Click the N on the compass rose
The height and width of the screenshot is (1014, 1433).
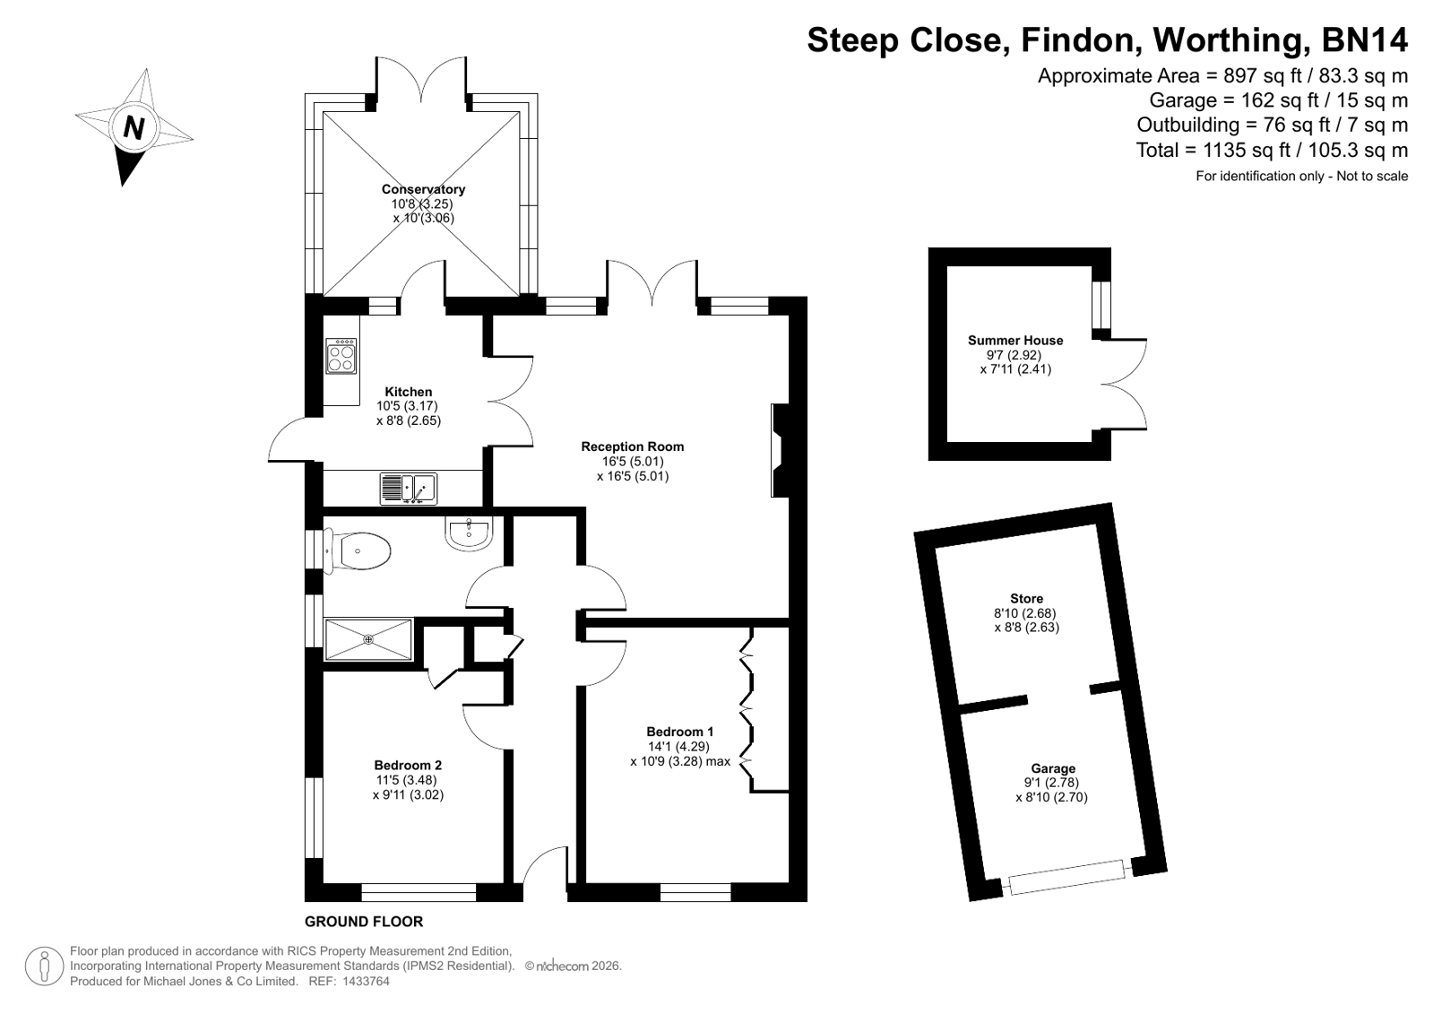[x=134, y=127]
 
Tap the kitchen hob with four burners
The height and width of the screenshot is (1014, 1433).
[x=341, y=357]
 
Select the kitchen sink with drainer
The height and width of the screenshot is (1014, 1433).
[x=408, y=490]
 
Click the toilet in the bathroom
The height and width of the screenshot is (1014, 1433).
[x=358, y=550]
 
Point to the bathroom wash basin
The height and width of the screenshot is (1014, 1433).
[x=470, y=533]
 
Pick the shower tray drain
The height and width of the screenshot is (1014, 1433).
[x=368, y=639]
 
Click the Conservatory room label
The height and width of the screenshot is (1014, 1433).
[x=423, y=189]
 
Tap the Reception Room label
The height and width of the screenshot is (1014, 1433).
[x=632, y=446]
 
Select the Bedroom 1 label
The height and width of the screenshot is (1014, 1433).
[x=679, y=731]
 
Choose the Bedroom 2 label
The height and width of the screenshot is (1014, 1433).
[x=408, y=765]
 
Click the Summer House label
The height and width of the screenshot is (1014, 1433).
[x=1015, y=341]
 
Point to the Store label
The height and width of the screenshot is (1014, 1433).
[x=1026, y=599]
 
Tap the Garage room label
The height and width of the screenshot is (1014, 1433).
[x=1052, y=768]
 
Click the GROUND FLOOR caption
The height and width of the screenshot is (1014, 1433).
[x=363, y=921]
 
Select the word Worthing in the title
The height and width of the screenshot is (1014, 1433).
[x=1228, y=39]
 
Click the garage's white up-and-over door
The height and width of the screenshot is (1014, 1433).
[x=1067, y=877]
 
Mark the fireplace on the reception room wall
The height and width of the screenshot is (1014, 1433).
[x=781, y=450]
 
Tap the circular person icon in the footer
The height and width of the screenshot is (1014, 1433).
[x=44, y=966]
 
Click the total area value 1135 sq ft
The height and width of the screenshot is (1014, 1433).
[x=1251, y=150]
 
